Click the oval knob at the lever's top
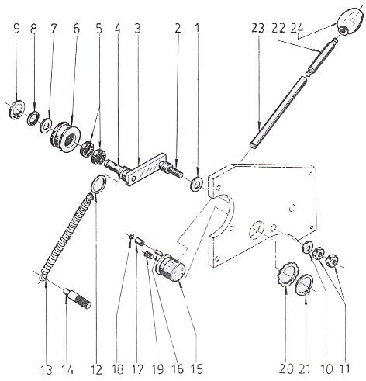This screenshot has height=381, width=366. click(350, 21)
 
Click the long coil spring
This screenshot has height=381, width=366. click(67, 236)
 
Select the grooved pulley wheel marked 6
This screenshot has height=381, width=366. click(66, 137)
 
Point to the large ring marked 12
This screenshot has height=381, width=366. click(99, 184)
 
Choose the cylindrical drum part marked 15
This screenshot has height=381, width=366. click(170, 269)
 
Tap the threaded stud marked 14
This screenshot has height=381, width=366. click(77, 298)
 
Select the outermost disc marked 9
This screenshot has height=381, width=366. click(16, 109)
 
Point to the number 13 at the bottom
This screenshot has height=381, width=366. click(47, 369)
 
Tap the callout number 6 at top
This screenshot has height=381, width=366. click(77, 29)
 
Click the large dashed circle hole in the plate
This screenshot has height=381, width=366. click(256, 230)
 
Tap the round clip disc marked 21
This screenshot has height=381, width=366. click(305, 286)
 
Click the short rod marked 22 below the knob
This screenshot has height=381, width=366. click(321, 56)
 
